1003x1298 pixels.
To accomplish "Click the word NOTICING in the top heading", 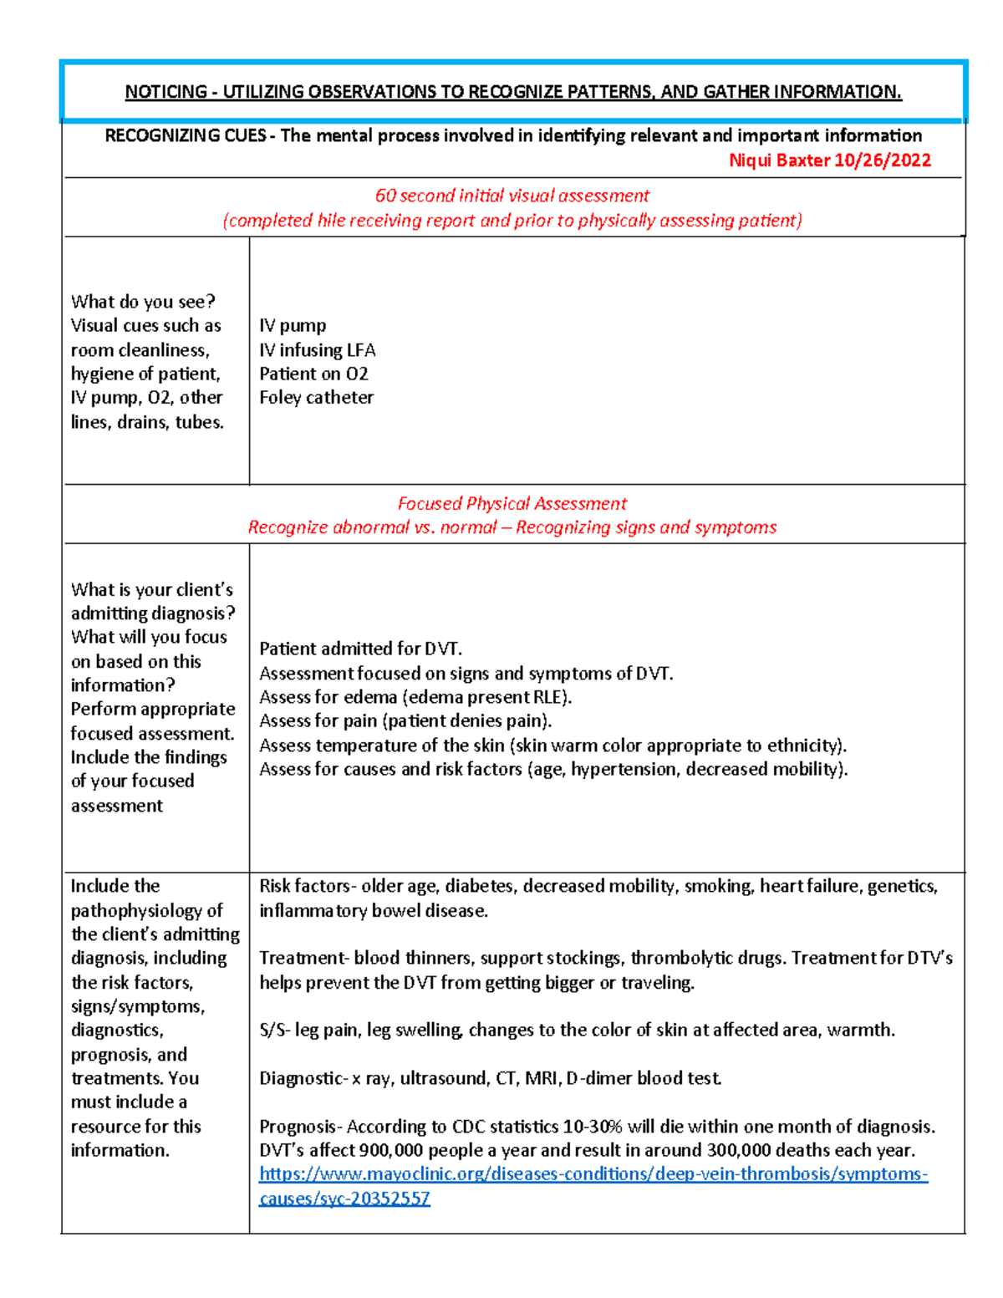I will (165, 92).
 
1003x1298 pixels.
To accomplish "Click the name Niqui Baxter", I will (780, 160).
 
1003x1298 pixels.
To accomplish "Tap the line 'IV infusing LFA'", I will (317, 349).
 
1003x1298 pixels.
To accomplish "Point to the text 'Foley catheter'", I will (316, 398).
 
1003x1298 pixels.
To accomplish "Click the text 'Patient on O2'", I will (313, 374).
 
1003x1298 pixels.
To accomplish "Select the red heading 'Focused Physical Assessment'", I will (512, 503).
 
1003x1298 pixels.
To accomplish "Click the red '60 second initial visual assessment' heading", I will (512, 196).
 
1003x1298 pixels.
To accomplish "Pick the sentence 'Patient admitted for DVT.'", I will (360, 649).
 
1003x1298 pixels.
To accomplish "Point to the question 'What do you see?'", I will (143, 302).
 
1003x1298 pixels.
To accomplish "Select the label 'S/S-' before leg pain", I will (275, 1030).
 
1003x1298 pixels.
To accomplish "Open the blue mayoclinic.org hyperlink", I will (593, 1174).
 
